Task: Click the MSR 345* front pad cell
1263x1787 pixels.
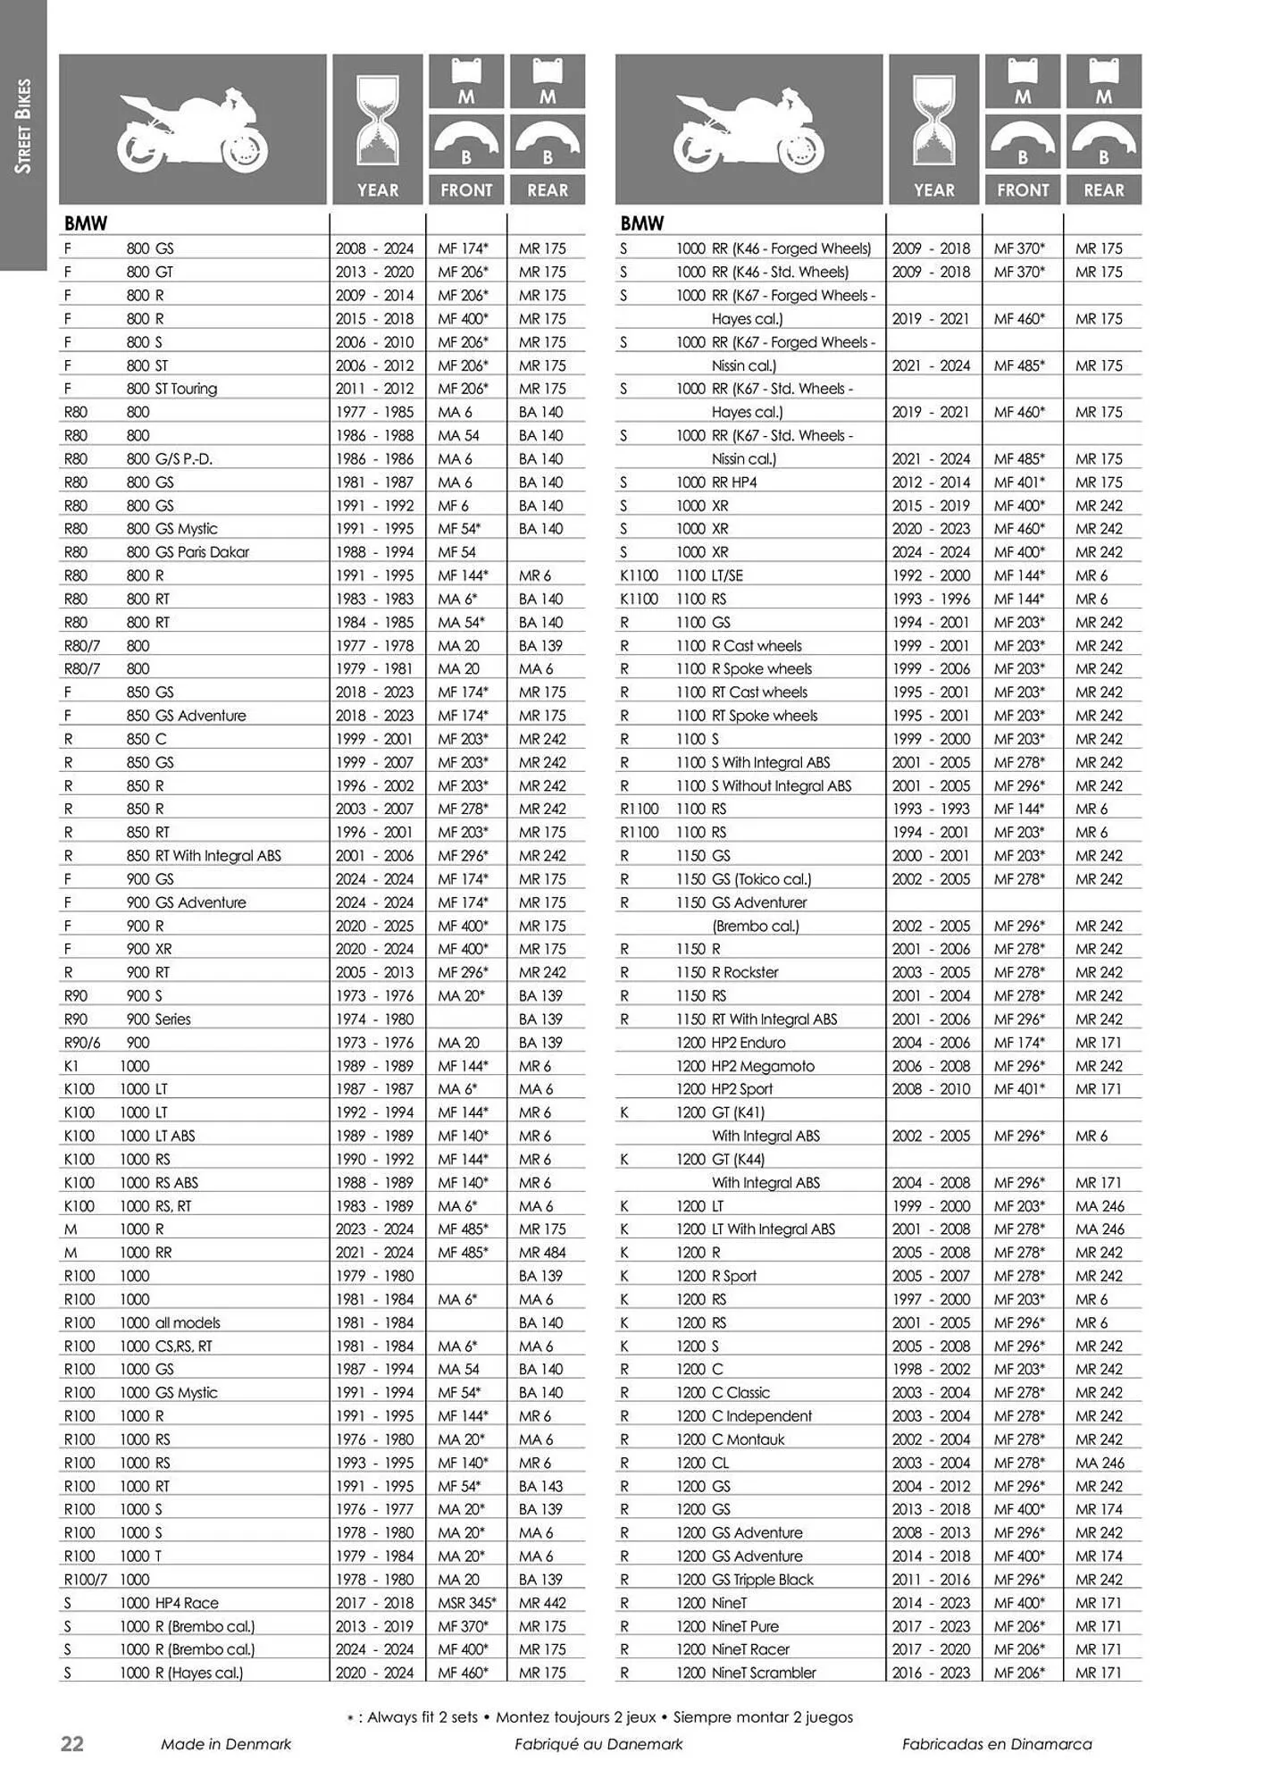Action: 466,1603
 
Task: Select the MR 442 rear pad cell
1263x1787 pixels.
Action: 542,1603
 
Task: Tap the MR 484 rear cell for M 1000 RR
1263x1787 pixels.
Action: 542,1253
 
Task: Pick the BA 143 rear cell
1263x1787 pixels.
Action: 540,1486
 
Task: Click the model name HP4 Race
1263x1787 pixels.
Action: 187,1603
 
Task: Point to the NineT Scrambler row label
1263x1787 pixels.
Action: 764,1673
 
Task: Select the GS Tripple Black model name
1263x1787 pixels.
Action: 763,1580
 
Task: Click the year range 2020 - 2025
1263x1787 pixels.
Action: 374,926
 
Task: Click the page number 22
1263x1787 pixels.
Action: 71,1743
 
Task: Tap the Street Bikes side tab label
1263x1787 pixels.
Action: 23,125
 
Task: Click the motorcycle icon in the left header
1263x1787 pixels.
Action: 193,130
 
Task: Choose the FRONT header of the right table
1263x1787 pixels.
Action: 1023,190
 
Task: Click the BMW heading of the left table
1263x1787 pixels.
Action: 86,223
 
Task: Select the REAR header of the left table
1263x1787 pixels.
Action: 548,190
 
